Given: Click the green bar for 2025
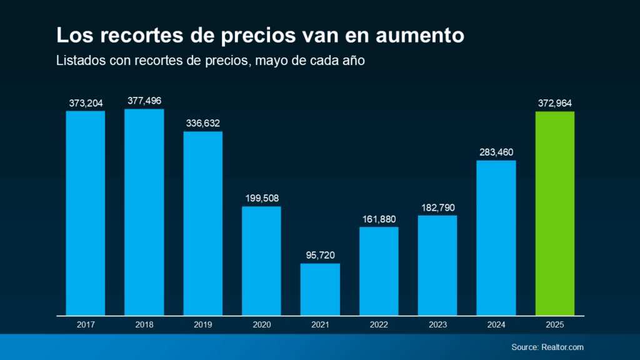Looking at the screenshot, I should point(555,213).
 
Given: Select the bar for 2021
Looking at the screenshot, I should point(320,289).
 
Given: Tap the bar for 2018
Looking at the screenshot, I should point(144,212).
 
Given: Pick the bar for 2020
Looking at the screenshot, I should point(261,261).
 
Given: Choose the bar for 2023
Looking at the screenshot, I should point(437,266).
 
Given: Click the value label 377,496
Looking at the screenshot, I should point(144,101).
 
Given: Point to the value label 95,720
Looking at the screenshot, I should point(320,255).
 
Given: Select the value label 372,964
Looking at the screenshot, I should point(555,103).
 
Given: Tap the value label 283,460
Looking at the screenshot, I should point(496,152).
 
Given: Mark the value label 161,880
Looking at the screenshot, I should point(379,219).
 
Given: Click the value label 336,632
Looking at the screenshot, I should point(202,123).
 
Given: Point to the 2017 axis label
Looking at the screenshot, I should point(85,325).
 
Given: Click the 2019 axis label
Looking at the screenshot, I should point(202,325).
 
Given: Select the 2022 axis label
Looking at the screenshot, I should point(379,325).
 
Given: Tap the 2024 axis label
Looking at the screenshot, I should point(496,325).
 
